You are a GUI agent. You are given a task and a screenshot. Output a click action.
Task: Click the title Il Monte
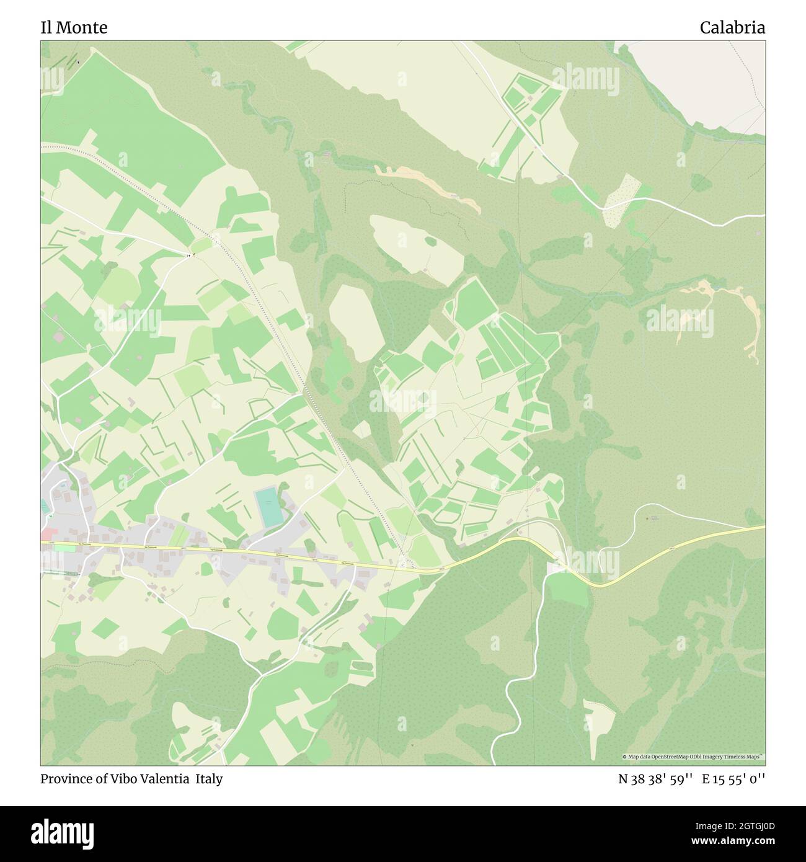click(x=74, y=27)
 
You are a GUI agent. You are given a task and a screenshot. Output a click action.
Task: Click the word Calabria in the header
click(x=732, y=27)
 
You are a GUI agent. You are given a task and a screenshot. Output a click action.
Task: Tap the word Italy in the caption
click(x=210, y=779)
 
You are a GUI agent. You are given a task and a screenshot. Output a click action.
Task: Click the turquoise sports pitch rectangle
click(x=268, y=507)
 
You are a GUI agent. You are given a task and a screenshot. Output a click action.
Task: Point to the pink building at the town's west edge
click(x=46, y=534)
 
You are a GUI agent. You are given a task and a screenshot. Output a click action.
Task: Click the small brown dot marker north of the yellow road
click(x=648, y=518)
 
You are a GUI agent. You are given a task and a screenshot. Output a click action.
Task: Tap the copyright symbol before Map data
click(x=625, y=757)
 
